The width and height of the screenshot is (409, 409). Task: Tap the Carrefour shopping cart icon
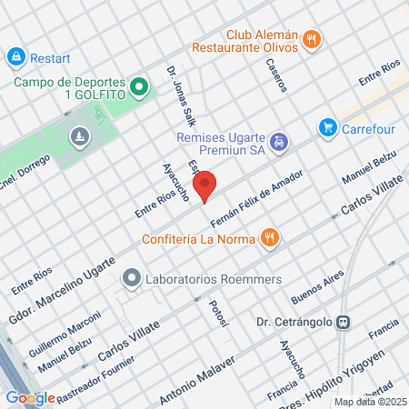(x=327, y=128)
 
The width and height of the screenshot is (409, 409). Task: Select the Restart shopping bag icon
(x=15, y=58)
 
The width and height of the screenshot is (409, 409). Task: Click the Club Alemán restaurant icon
(x=313, y=38)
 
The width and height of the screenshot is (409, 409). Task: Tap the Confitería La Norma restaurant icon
(x=268, y=239)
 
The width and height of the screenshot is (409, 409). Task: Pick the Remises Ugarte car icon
(x=281, y=141)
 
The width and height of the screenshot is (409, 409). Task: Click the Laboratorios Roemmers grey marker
(x=132, y=278)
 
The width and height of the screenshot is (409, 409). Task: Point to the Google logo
(x=30, y=397)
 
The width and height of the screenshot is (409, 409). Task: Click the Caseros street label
(x=276, y=75)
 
